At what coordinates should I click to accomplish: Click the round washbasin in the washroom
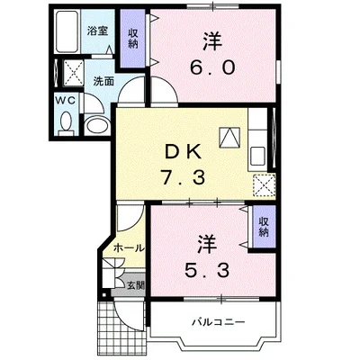[96, 123]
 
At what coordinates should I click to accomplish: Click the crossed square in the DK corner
[263, 186]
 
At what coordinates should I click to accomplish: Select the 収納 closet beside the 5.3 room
[263, 226]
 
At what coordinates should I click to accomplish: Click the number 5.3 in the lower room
[207, 268]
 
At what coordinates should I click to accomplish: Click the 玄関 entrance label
[133, 286]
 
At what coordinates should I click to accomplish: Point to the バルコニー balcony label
[211, 321]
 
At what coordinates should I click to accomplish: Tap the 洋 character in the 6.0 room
[211, 40]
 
